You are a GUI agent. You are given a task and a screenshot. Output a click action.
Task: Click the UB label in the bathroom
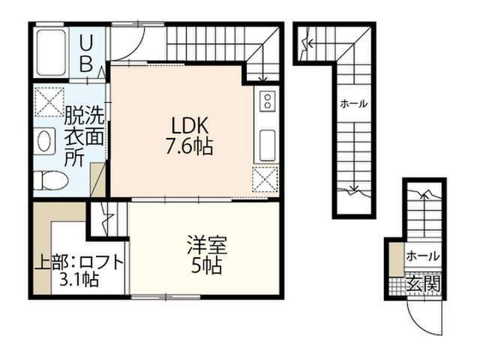[x=86, y=53]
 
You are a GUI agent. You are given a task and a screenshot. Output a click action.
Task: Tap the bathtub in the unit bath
[x=52, y=52]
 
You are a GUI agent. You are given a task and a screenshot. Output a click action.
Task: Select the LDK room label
[x=190, y=125]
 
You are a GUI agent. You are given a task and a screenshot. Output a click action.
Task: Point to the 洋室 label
[x=207, y=245]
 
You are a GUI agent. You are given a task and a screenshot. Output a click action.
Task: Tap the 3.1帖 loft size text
[x=79, y=279]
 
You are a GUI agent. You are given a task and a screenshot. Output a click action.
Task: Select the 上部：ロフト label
[x=79, y=262]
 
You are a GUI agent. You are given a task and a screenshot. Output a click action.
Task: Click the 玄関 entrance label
[x=423, y=283]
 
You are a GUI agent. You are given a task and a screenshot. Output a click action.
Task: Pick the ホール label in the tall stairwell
[x=354, y=104]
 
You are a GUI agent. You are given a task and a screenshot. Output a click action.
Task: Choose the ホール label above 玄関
[x=422, y=256]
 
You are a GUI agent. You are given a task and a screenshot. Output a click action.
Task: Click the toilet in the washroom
[x=50, y=180]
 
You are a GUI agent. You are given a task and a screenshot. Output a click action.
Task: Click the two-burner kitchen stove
[x=268, y=101]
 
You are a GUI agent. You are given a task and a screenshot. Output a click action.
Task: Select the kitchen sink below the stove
[x=267, y=145]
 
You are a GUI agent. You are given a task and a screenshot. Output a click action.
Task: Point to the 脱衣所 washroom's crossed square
[x=49, y=102]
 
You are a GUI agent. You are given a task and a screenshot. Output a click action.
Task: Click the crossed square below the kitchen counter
[x=265, y=178]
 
